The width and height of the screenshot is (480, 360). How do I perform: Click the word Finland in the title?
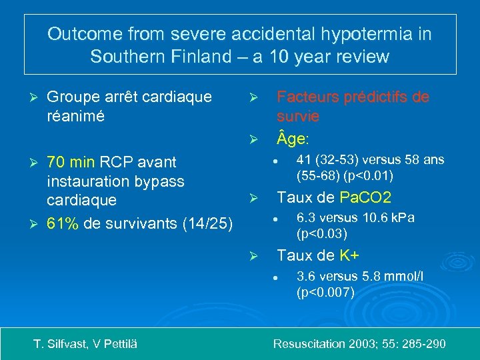[x=189, y=56]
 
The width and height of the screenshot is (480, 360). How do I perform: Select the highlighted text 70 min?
[x=69, y=162]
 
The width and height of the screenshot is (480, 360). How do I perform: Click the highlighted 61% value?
[x=63, y=222]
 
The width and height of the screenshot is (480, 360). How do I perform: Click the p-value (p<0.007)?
[x=325, y=292]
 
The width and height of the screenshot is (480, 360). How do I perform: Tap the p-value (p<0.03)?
[x=322, y=234]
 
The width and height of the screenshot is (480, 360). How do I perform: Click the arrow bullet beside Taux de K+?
[x=253, y=255]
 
